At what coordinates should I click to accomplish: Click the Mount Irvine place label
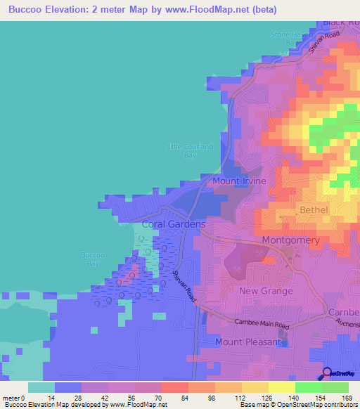(x=239, y=181)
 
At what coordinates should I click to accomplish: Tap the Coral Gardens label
(x=174, y=224)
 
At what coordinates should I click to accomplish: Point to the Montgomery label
(x=290, y=240)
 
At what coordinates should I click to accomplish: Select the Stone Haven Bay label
(x=289, y=38)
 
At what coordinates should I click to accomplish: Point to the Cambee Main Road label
(x=263, y=324)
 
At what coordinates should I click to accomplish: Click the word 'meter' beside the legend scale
(x=11, y=398)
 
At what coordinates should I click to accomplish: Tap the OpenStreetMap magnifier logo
(x=326, y=373)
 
